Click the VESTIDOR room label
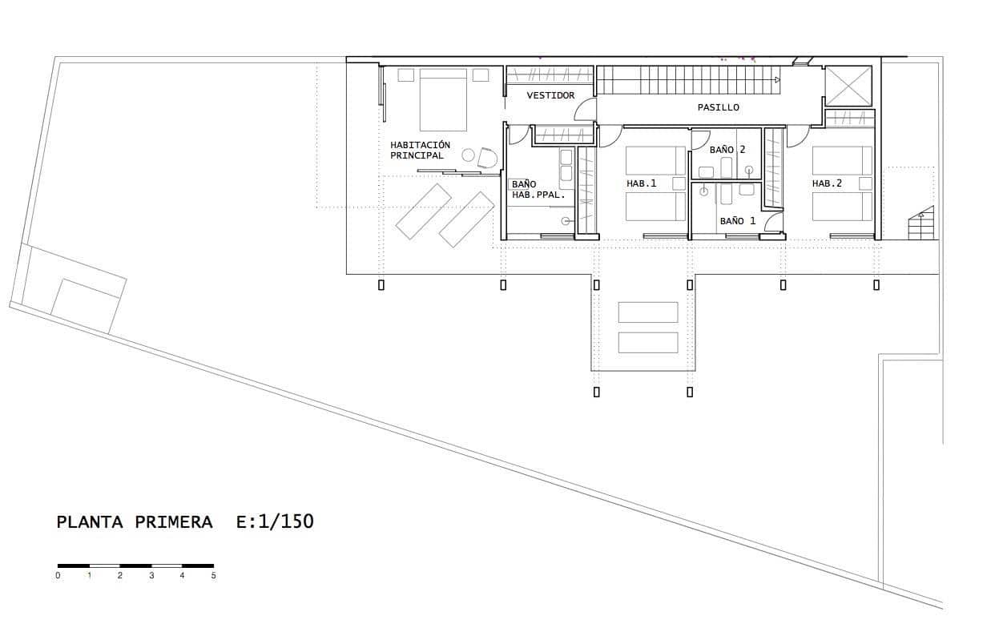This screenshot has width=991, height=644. tap(550, 95)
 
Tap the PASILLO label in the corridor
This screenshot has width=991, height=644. tap(718, 107)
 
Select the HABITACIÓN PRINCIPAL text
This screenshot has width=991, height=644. tap(420, 150)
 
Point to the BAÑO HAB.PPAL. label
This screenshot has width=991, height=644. tap(538, 189)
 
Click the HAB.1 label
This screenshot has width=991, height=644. tap(641, 183)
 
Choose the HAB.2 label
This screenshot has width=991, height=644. tap(827, 183)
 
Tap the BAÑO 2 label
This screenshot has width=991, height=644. tap(727, 150)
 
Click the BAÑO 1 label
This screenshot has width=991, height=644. tap(737, 220)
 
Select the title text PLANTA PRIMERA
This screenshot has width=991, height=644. tap(135, 522)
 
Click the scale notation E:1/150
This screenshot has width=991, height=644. tap(275, 521)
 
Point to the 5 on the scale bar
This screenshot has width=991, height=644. tap(213, 575)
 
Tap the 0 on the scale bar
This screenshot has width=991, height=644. tap(58, 575)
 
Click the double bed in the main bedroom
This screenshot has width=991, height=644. tap(443, 100)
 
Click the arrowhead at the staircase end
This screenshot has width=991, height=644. tap(777, 79)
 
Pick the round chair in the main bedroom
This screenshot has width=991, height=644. tap(486, 157)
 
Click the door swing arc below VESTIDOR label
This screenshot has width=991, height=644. tap(586, 111)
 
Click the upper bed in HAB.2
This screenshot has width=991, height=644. tap(842, 160)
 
